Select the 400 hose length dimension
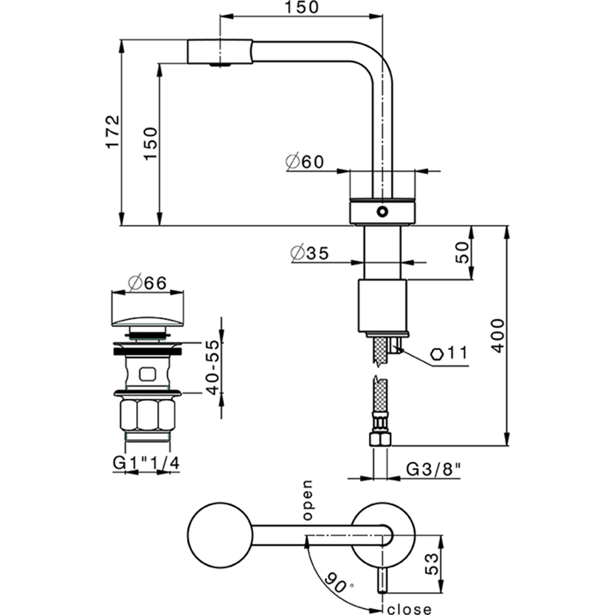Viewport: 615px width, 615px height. (497, 335)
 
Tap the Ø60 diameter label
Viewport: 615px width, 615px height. (305, 162)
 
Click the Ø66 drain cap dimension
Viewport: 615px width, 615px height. (148, 283)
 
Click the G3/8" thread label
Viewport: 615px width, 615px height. (434, 470)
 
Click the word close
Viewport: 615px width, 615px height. (407, 607)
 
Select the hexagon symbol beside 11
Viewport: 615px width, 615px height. (438, 354)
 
